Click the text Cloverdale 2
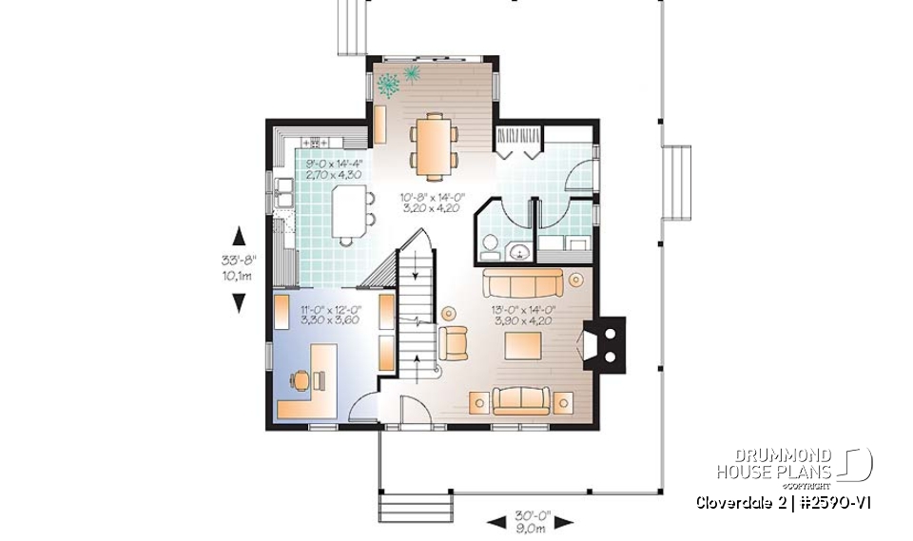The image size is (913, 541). point(736,502)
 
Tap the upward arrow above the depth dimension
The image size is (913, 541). point(239,236)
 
